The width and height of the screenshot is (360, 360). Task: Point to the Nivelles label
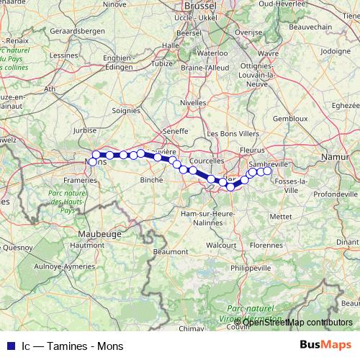193,103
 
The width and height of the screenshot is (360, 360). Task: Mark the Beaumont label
171,231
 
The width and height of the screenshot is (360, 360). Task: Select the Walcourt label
222,245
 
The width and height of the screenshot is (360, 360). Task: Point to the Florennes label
266,245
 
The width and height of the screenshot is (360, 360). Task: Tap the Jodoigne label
336,52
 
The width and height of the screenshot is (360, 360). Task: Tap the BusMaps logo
325,346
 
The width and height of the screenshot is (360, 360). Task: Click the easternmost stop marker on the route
267,171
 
